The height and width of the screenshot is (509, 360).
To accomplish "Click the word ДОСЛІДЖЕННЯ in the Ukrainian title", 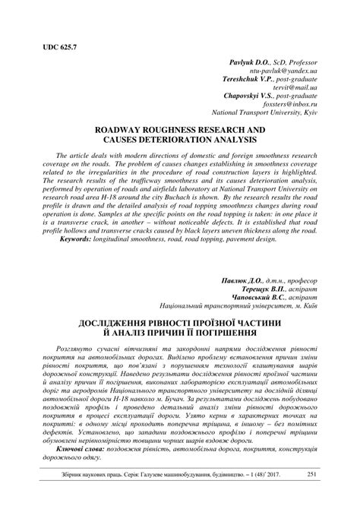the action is (x=111, y=329).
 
